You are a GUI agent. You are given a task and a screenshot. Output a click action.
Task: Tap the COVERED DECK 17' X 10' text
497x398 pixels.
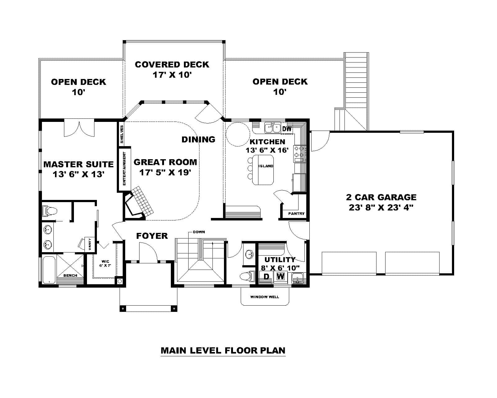click(172, 69)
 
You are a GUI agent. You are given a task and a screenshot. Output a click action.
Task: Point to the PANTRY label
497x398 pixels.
click(296, 214)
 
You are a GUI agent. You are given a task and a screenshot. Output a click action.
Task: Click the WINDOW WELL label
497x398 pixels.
click(264, 297)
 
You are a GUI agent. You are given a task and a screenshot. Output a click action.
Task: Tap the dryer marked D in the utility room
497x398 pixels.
click(266, 276)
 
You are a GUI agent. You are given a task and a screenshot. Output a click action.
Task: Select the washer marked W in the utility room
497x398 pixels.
click(280, 276)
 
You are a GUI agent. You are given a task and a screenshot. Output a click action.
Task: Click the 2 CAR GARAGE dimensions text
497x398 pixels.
click(381, 207)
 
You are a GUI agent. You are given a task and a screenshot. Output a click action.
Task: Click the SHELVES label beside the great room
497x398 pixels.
click(122, 134)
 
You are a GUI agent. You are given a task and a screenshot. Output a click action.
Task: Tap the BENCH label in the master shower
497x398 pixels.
click(70, 275)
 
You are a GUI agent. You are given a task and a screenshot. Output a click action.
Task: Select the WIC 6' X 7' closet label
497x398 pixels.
click(105, 263)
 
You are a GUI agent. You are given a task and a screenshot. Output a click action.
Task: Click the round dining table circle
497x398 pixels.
click(237, 134)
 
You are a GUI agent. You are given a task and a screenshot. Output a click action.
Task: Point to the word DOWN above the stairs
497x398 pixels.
click(198, 232)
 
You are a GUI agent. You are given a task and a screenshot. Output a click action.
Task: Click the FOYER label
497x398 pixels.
click(152, 236)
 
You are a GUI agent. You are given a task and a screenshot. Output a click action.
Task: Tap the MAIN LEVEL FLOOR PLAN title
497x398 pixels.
click(223, 350)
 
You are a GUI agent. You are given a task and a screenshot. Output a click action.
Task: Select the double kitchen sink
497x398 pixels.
click(272, 127)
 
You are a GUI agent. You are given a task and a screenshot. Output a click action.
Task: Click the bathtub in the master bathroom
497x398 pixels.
click(49, 269)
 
